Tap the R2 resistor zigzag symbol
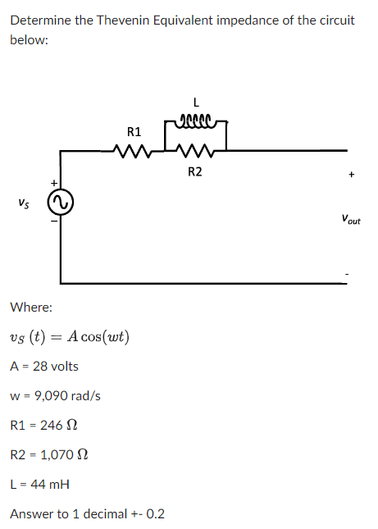pos(194,151)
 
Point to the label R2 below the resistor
pos(194,171)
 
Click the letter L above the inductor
pos(194,103)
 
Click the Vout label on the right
pos(351,219)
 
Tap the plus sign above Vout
pos(351,174)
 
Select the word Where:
pos(31,308)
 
